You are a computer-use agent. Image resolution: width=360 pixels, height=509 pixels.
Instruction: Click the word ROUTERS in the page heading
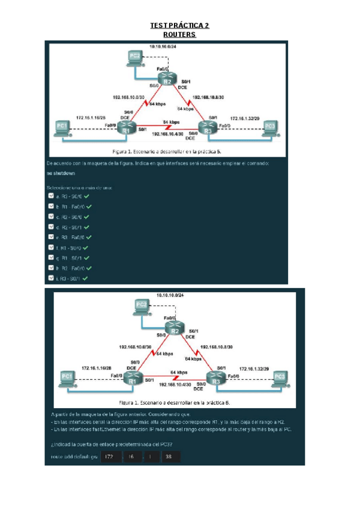(x=180, y=34)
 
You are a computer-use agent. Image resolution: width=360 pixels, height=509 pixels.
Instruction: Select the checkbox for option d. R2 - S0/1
(x=51, y=227)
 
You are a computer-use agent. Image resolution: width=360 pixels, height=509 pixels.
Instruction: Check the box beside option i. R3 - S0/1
(x=51, y=279)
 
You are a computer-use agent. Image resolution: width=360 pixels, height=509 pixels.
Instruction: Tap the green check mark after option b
(x=88, y=206)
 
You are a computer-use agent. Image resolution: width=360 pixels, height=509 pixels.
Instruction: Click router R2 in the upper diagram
(x=169, y=77)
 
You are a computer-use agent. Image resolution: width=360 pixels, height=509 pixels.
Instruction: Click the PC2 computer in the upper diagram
(x=134, y=57)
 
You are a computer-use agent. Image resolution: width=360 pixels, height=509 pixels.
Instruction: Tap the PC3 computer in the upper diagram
(x=271, y=127)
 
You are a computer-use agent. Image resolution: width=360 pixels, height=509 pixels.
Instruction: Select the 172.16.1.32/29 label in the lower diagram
(x=254, y=369)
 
